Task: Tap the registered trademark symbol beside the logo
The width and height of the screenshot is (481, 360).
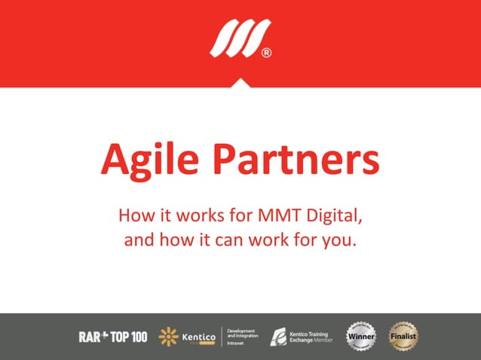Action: pyautogui.click(x=266, y=53)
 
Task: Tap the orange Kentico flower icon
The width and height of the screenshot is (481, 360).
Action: pyautogui.click(x=168, y=337)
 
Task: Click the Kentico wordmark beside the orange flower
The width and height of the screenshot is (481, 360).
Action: pyautogui.click(x=198, y=337)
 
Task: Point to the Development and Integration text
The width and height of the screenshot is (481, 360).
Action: pyautogui.click(x=242, y=333)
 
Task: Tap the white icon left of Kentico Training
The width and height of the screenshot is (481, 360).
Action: pyautogui.click(x=278, y=337)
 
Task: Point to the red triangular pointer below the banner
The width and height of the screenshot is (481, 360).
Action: pyautogui.click(x=240, y=82)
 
